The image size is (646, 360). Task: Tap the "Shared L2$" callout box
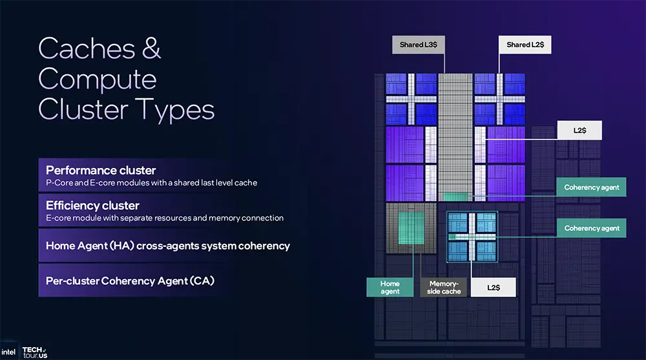(x=525, y=45)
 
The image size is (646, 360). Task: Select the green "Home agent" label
(x=390, y=288)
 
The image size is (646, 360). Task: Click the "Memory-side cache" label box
(x=444, y=288)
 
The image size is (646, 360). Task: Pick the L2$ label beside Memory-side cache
(x=493, y=288)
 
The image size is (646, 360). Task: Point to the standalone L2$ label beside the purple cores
(x=579, y=131)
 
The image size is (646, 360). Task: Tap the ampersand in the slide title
(x=152, y=49)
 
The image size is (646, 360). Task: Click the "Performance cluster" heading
(x=101, y=171)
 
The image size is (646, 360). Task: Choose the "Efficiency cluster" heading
(x=92, y=206)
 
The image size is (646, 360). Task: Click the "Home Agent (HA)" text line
(x=168, y=246)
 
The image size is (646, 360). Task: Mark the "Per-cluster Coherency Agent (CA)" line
(x=130, y=281)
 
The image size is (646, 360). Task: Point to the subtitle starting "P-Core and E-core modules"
(x=151, y=183)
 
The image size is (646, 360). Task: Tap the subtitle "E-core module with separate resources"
(x=165, y=218)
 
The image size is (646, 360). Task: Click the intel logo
(x=9, y=353)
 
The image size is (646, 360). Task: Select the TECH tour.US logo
(x=35, y=351)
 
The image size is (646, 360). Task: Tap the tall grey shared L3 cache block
(x=455, y=136)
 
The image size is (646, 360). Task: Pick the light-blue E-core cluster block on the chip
(x=472, y=235)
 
